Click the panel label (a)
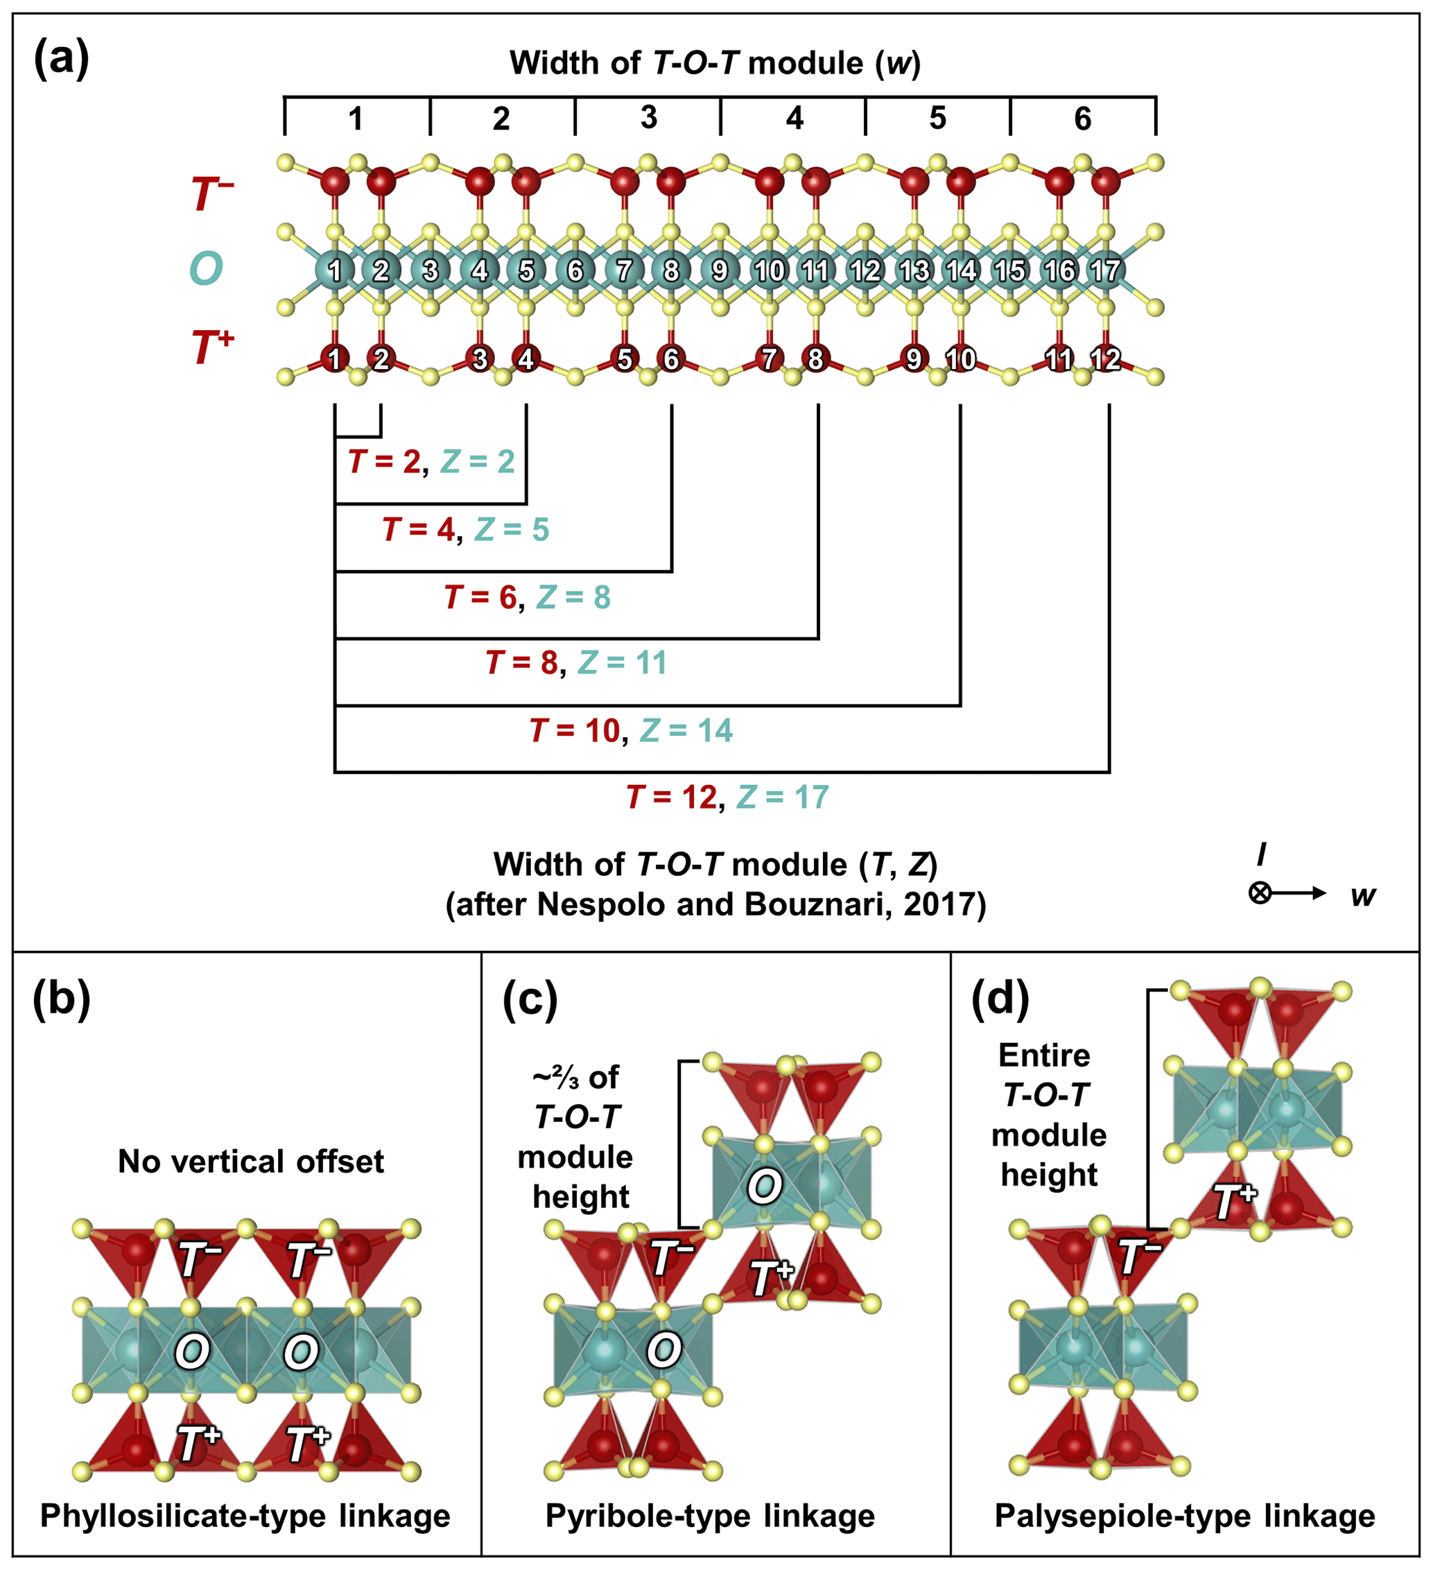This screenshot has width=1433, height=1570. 62,58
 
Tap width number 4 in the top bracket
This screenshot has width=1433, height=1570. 794,119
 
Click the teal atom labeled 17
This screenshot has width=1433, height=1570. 1105,270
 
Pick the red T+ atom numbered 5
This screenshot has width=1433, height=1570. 624,359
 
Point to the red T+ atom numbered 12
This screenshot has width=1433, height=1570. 1105,359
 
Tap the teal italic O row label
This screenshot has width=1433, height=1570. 207,268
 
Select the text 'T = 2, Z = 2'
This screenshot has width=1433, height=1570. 431,462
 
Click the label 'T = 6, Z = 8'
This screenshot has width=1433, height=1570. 527,597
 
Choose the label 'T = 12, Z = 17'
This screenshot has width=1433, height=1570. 728,797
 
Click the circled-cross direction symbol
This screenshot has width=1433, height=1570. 1260,892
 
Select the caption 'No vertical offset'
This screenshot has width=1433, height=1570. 251,1161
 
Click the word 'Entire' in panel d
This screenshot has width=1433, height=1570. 1044,1055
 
